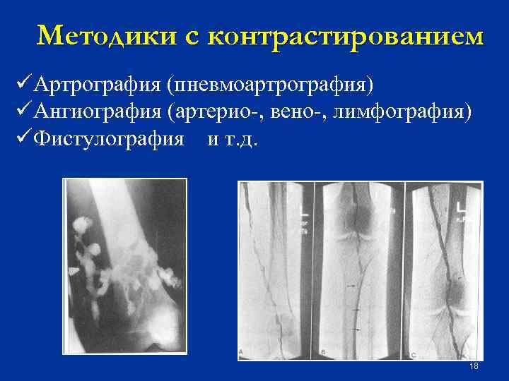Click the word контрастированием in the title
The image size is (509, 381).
pos(353,35)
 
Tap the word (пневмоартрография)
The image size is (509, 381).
pos(269,85)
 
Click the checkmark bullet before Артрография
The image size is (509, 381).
pos(22,85)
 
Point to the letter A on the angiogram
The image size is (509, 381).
pos(242,351)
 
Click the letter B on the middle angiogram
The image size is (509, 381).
pos(322,351)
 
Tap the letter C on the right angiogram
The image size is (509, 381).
pos(413,351)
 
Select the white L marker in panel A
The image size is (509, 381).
pos(303,210)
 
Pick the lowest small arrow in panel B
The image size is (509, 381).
pos(356,329)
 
